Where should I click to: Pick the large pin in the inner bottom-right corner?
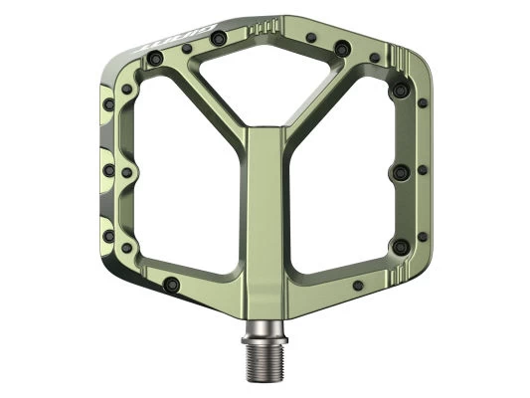(400, 244)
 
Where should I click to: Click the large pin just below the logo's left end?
(155, 60)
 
